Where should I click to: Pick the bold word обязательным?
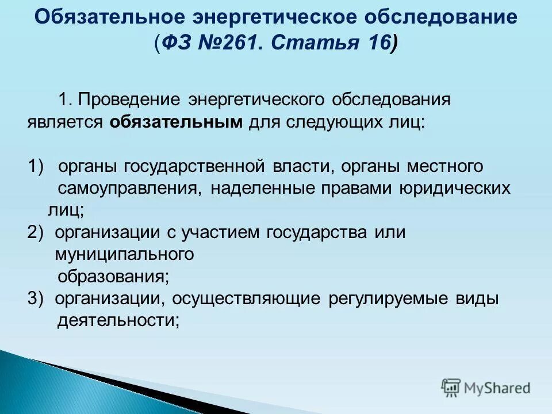(x=175, y=122)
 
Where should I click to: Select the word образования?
(x=113, y=277)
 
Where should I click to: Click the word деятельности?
(x=118, y=321)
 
